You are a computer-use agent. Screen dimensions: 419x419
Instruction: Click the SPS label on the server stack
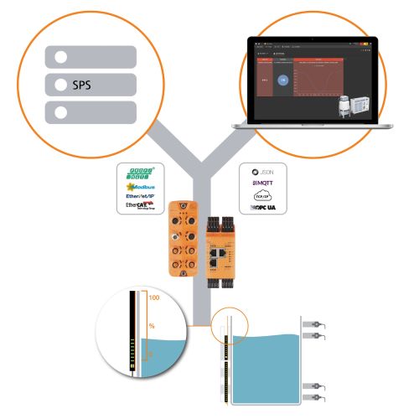click(80, 85)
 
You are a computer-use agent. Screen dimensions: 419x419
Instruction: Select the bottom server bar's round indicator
click(59, 111)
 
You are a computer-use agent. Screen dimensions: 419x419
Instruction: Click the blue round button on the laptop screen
click(282, 80)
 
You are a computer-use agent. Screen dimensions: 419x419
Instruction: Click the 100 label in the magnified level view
click(153, 297)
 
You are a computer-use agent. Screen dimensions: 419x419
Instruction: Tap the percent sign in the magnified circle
click(152, 326)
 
